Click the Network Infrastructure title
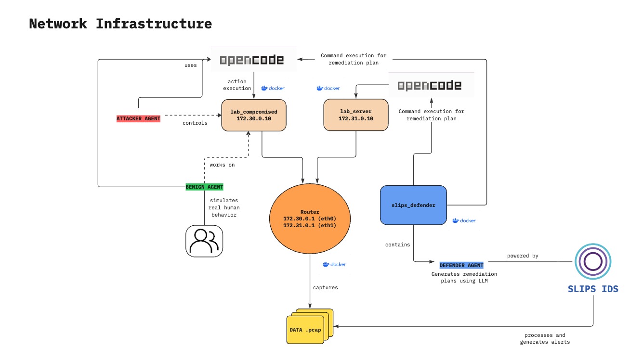120,24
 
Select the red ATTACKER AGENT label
138,118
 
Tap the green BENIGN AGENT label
205,187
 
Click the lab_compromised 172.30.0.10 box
254,115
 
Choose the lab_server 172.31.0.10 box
355,115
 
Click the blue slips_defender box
413,205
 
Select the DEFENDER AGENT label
461,265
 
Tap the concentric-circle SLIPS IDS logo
593,262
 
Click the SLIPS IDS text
593,289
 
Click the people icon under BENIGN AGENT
204,241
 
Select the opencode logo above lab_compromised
252,60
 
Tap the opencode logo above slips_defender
430,86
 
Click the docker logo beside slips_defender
464,220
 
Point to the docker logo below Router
335,264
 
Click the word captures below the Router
325,287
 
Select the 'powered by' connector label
523,256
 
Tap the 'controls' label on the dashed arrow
195,123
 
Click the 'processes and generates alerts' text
544,338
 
